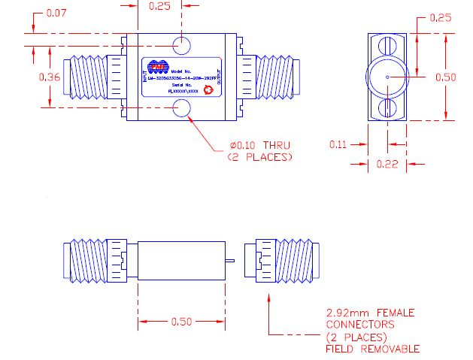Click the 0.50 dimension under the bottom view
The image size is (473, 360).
[x=181, y=322]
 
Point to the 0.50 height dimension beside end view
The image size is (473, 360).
[x=445, y=77]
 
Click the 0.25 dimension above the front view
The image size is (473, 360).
[x=159, y=6]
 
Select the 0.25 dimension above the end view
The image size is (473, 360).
[x=441, y=18]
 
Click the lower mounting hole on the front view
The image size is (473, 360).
[x=181, y=110]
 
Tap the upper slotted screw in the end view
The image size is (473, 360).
[x=388, y=47]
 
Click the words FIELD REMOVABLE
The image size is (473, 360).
[x=372, y=349]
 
